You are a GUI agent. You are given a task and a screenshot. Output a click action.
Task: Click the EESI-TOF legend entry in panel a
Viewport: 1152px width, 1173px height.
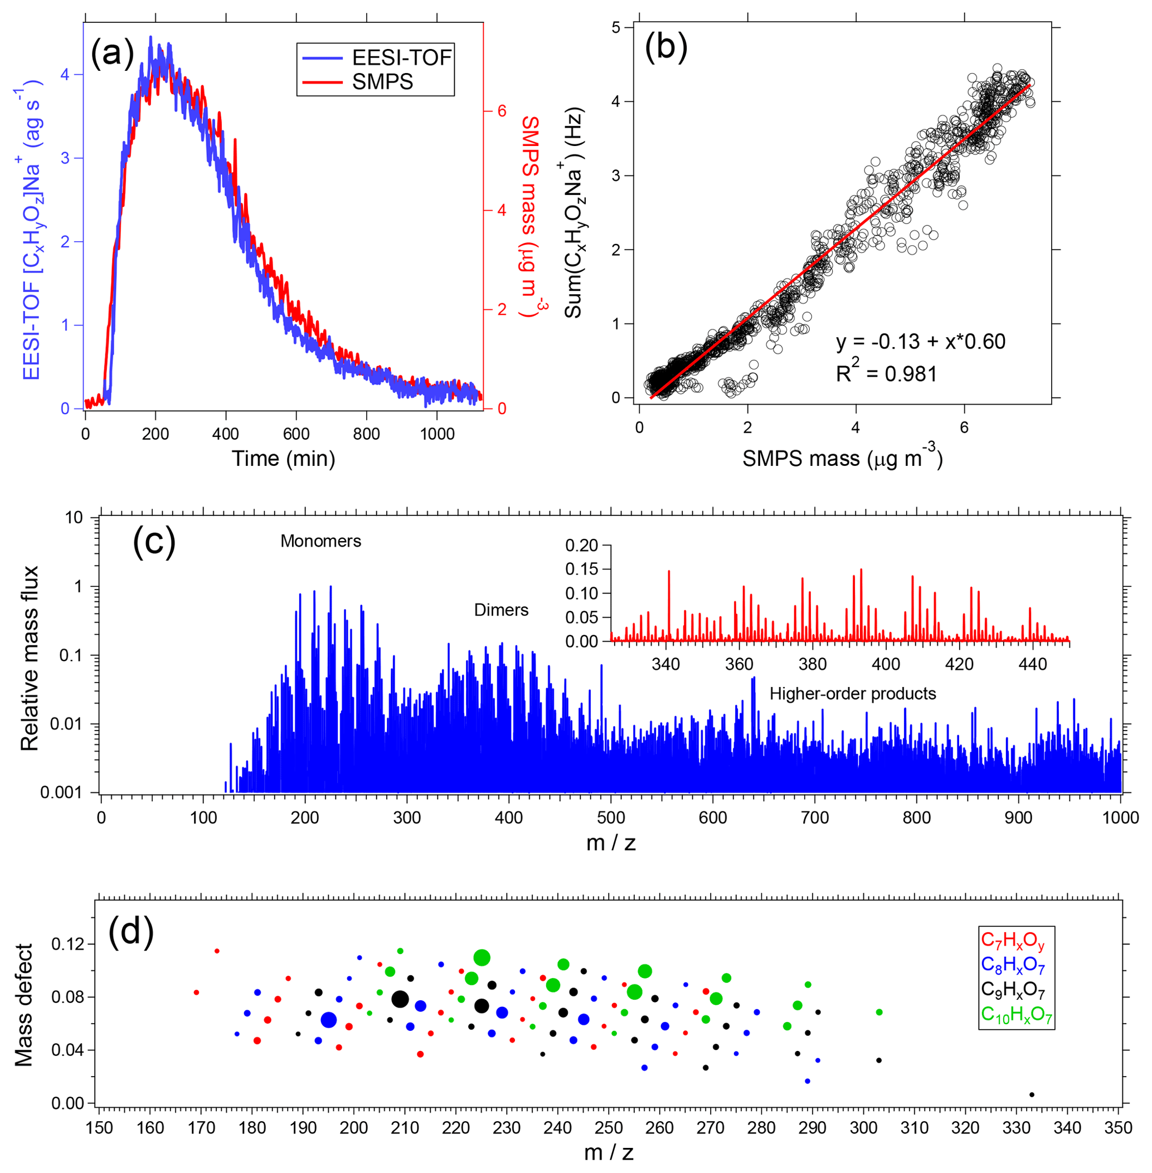click(x=401, y=57)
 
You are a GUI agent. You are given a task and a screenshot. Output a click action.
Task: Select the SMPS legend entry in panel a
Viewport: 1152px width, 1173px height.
click(x=382, y=82)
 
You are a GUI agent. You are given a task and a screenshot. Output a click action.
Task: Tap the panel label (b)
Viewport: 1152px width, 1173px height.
click(x=666, y=47)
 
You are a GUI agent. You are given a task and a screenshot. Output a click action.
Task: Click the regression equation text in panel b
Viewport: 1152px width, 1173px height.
click(x=920, y=342)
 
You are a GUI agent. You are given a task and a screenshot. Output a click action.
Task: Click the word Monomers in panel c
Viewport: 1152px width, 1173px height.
click(x=320, y=541)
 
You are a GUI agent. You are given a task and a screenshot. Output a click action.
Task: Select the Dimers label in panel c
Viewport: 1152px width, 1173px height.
click(x=501, y=610)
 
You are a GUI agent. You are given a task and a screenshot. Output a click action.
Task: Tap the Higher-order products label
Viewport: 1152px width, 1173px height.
click(x=853, y=693)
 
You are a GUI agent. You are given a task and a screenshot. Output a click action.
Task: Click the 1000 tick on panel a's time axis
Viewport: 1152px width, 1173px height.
click(x=437, y=434)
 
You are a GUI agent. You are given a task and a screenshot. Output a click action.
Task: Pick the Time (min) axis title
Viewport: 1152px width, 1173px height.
click(x=283, y=459)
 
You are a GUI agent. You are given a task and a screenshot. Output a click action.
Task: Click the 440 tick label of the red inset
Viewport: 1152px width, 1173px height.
click(x=1032, y=664)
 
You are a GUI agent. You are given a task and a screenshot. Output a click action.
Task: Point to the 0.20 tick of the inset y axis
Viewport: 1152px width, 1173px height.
click(x=581, y=545)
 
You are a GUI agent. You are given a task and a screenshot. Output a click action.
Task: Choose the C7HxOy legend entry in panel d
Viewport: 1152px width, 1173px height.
click(x=1013, y=941)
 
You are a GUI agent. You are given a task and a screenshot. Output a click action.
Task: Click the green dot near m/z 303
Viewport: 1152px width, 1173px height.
click(x=879, y=1012)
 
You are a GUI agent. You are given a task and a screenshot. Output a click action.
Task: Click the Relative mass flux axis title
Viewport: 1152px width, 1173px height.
click(x=30, y=658)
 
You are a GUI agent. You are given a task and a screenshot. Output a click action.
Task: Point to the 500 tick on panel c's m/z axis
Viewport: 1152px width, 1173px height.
click(x=610, y=818)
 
